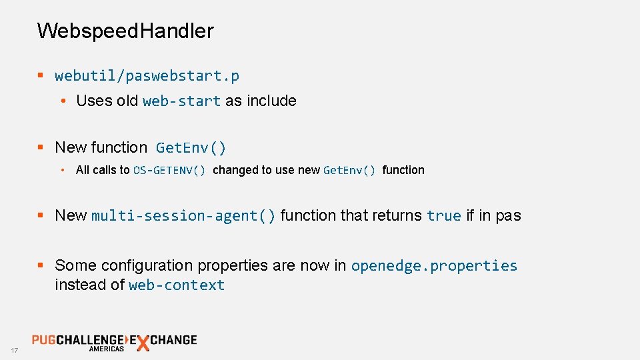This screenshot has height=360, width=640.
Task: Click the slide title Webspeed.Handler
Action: coord(125,31)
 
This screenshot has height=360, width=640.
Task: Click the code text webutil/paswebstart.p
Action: coord(147,76)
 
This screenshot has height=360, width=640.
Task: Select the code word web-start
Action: coord(181,101)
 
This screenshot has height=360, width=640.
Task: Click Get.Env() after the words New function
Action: coord(191,147)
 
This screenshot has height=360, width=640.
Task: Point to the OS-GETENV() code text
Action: coord(169,170)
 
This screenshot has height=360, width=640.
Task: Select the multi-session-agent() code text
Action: coord(183,216)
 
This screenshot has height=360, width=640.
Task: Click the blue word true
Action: coord(444,216)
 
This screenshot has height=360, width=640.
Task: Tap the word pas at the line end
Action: coord(508,216)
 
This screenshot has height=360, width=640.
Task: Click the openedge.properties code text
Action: coord(434,265)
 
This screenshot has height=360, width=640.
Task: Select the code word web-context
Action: coord(177,285)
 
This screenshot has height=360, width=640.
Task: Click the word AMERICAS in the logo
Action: coord(107,349)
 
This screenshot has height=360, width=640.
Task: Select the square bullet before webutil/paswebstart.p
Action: coord(41,76)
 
